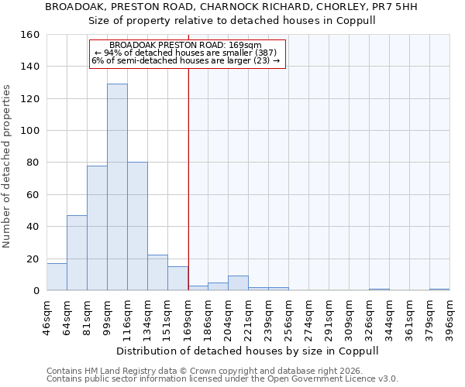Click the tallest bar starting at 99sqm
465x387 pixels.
(x=117, y=187)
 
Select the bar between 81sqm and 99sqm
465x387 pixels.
(x=97, y=228)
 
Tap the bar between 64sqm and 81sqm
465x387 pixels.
(x=77, y=253)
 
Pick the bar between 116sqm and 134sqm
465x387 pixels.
(x=137, y=227)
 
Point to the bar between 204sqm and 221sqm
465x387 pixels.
(x=238, y=283)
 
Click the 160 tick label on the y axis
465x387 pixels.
(x=29, y=35)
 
